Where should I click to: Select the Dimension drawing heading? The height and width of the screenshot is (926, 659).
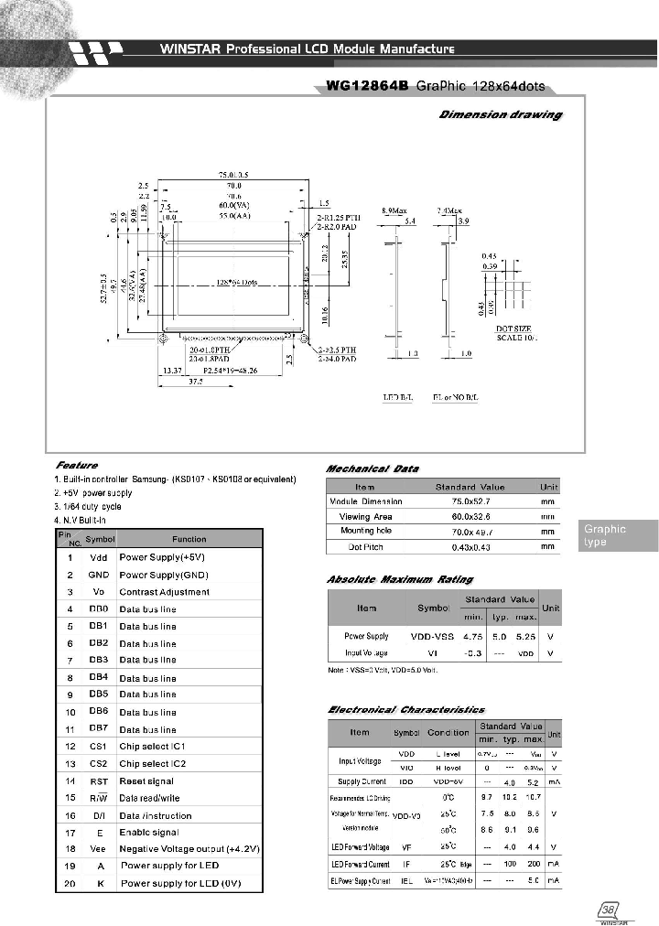click(501, 114)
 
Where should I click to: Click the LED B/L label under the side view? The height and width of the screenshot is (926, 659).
click(397, 397)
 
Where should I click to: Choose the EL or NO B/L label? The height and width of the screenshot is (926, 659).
click(455, 397)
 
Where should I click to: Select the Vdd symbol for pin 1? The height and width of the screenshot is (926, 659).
click(99, 557)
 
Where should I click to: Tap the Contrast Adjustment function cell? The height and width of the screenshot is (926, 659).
click(164, 592)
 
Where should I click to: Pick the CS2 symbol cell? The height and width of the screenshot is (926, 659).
click(99, 763)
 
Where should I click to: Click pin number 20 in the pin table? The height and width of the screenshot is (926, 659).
click(70, 883)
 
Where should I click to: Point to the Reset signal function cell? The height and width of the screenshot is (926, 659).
click(146, 781)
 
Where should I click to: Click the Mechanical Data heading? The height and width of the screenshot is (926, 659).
click(373, 468)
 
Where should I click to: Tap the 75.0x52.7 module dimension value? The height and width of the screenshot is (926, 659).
click(470, 501)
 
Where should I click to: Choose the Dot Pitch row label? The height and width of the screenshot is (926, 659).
click(365, 546)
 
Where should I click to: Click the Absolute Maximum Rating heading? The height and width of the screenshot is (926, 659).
click(400, 579)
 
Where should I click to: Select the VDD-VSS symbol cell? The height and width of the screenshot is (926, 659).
click(433, 636)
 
